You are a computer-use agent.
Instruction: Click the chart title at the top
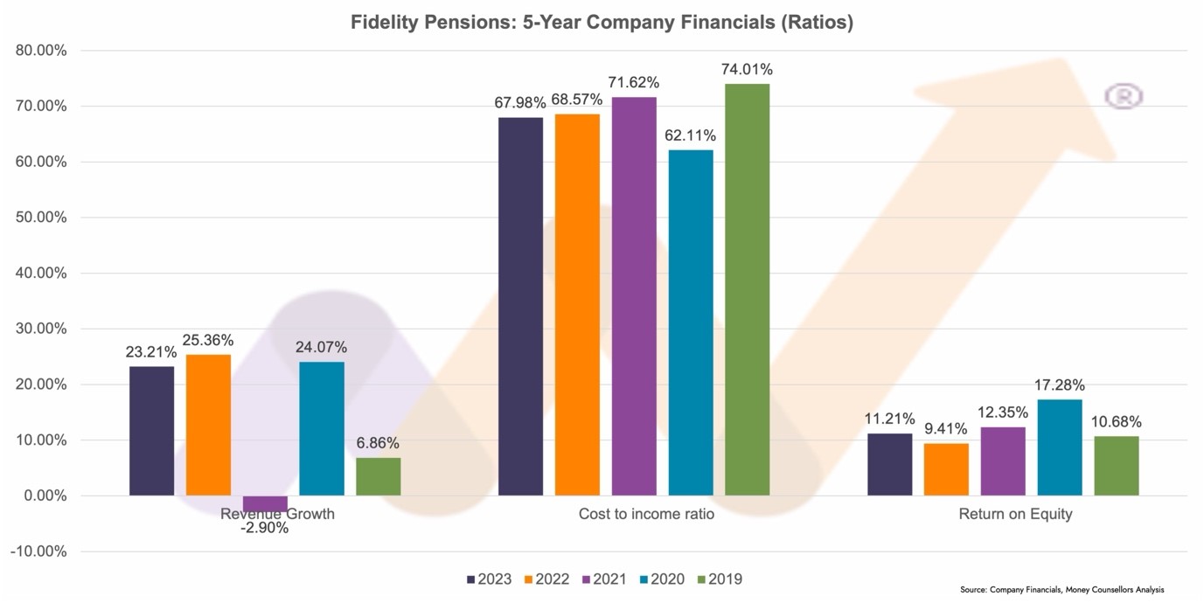coord(602,24)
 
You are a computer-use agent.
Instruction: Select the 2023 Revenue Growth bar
coord(151,431)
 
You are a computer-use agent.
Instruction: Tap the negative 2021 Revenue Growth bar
coord(265,503)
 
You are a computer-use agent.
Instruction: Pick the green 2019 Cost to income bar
coord(748,289)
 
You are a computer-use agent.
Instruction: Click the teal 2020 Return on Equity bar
coord(1060,447)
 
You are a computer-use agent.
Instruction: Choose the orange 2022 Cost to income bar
coord(577,304)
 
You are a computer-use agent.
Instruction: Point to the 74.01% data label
coord(747,70)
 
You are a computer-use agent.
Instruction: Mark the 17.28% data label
coord(1059,385)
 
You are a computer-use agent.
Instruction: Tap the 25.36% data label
coord(208,340)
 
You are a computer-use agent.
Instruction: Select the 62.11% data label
coord(690,135)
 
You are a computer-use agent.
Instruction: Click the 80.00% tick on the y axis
coord(41,51)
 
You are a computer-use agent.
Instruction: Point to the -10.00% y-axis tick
coord(39,551)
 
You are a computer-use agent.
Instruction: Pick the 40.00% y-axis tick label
coord(41,274)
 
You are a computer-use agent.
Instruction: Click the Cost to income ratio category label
coord(646,514)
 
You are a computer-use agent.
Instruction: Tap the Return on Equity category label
coord(1015,514)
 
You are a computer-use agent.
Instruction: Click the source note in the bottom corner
coord(1061,590)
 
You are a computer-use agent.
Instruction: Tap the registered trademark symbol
coord(1124,96)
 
